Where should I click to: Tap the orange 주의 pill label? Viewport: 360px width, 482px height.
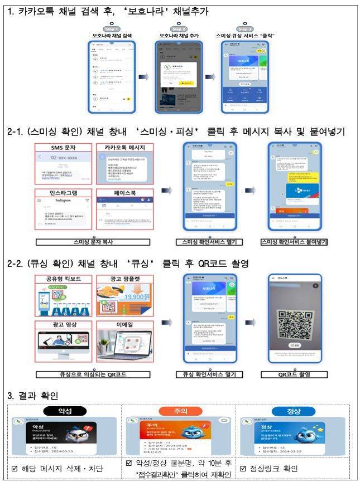[180, 411]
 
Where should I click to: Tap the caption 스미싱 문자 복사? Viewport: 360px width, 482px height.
[95, 242]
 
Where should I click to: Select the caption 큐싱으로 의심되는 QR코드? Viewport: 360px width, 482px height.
[95, 375]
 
